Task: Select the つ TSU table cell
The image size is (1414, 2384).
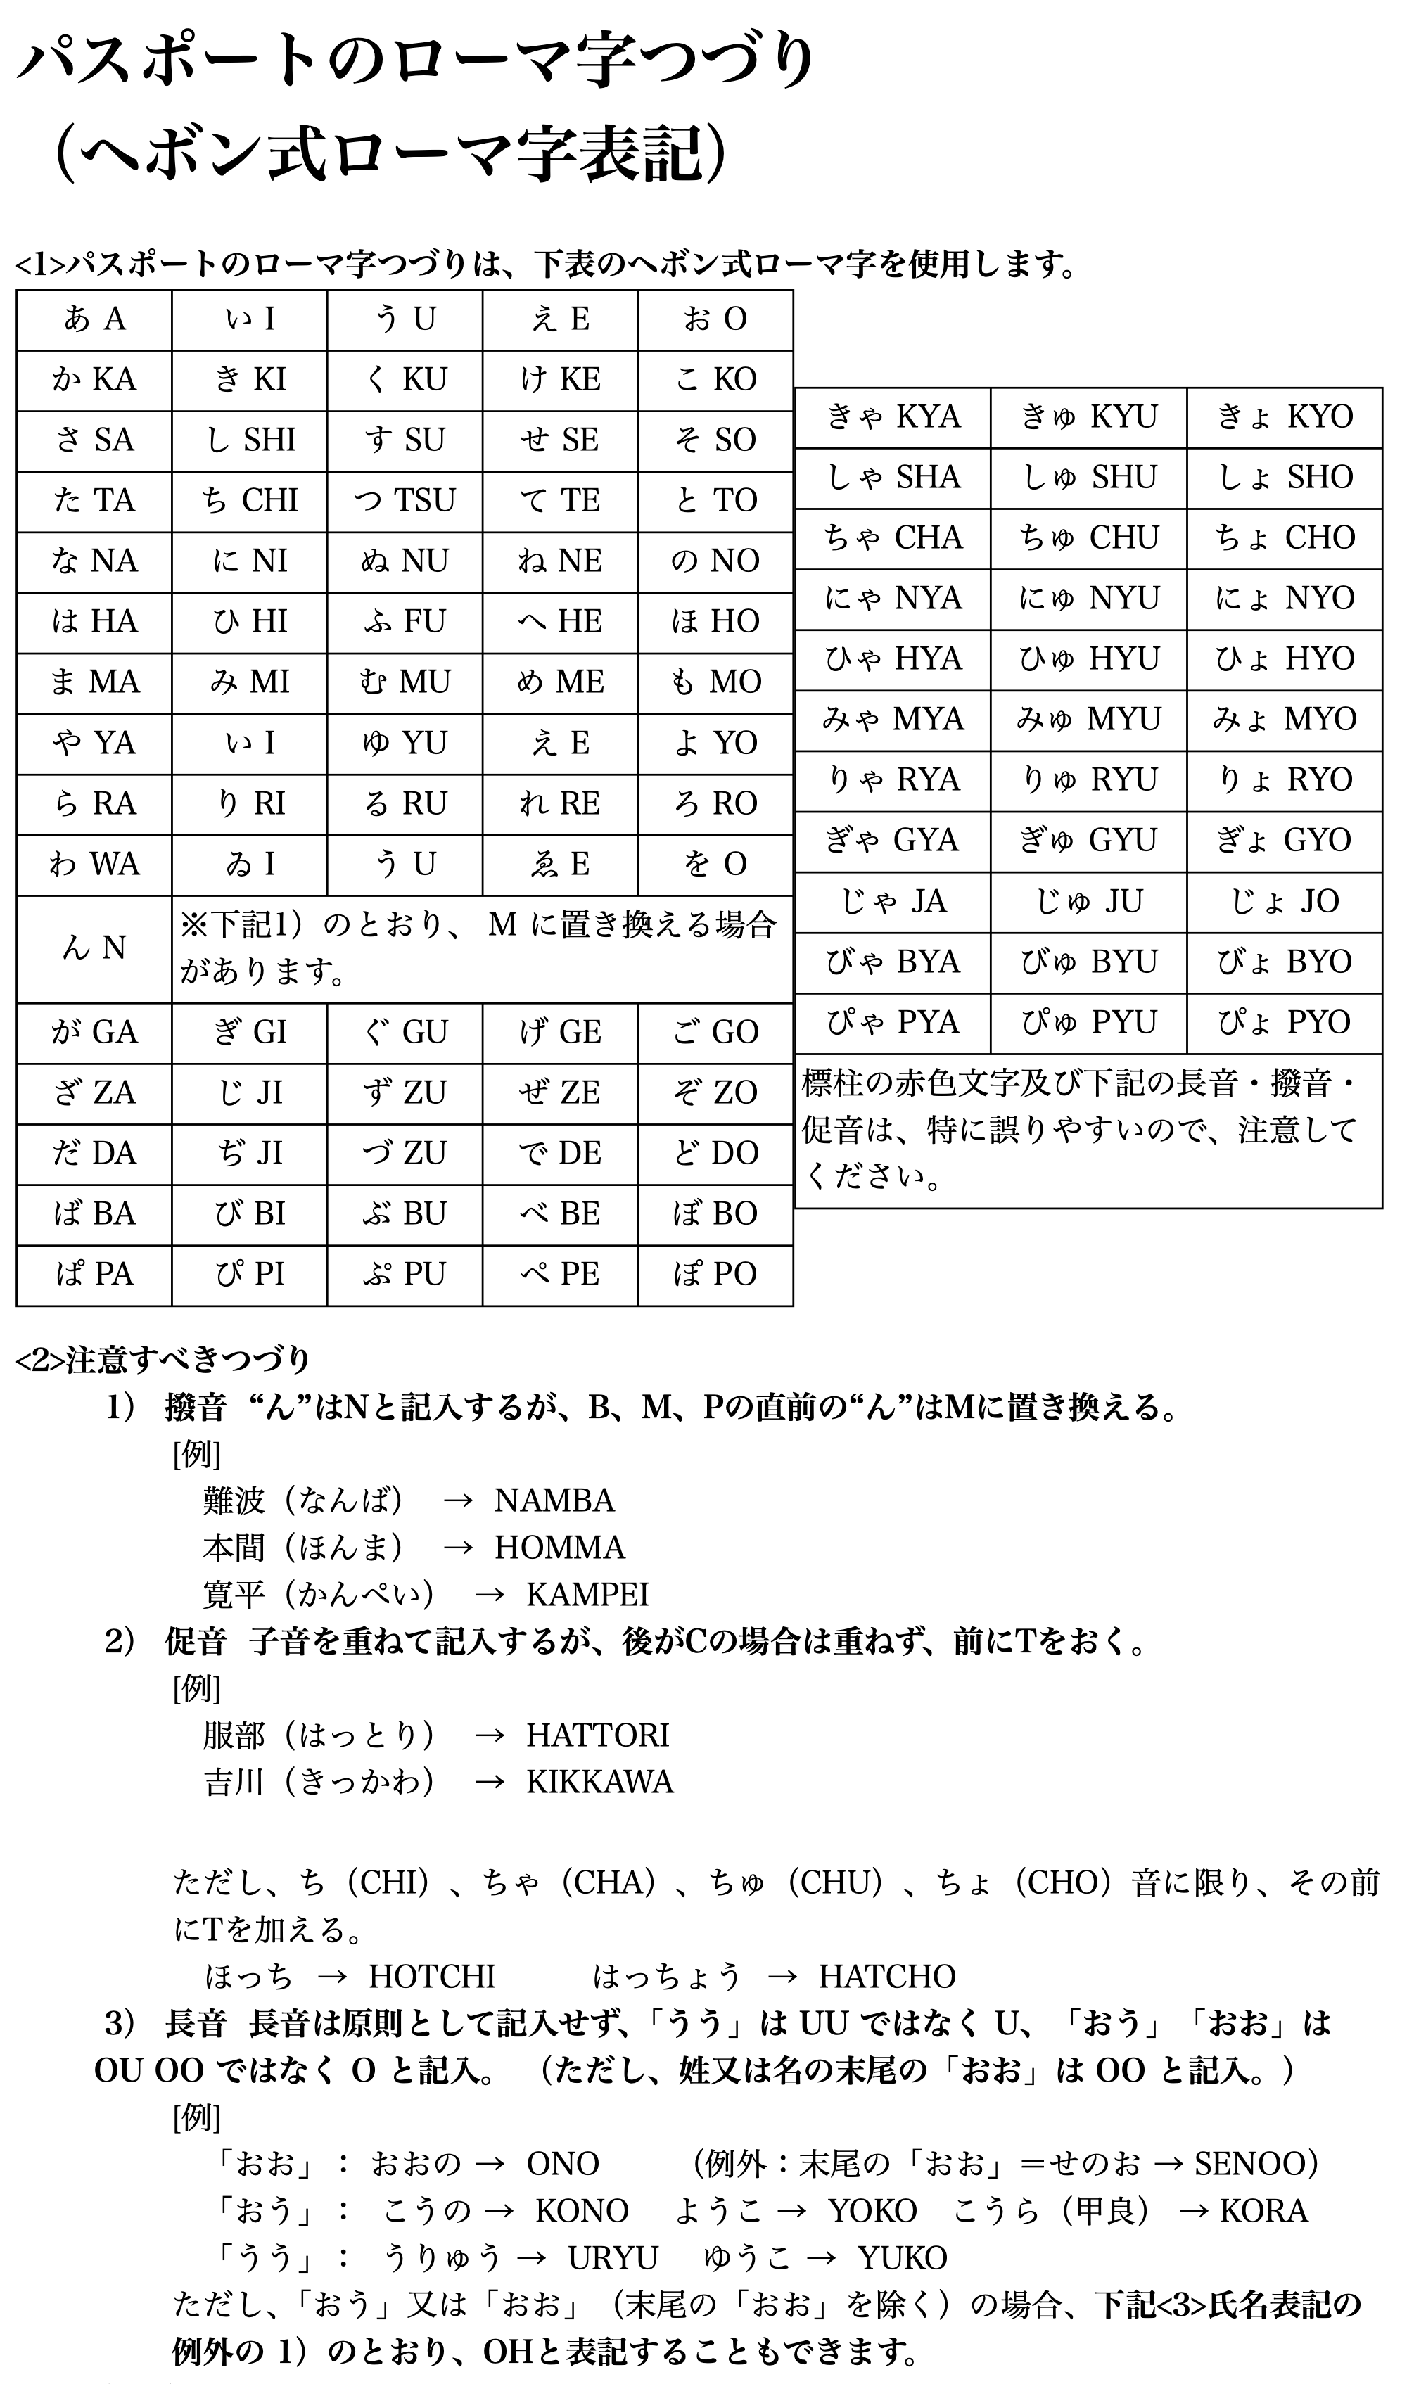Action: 405,500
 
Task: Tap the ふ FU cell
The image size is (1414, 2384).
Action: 405,622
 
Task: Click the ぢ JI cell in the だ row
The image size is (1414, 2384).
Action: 250,1153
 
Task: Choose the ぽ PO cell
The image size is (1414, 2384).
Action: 715,1274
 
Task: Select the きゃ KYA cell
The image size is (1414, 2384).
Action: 893,417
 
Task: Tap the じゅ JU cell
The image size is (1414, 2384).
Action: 1088,901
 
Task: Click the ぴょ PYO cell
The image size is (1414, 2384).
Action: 1285,1022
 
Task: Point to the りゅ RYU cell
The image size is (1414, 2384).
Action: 1088,780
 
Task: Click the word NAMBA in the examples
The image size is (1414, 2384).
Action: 554,1500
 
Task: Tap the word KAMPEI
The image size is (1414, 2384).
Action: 587,1594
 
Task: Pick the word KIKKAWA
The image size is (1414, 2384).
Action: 599,1782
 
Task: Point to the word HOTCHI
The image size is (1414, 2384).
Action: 432,1976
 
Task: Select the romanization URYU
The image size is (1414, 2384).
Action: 613,2257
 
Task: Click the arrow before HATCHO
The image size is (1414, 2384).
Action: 782,1976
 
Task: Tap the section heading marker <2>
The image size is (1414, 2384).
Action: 40,1360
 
